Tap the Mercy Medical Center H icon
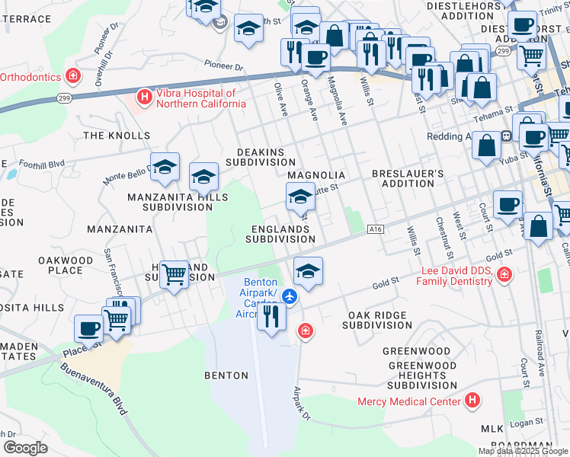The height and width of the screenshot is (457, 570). click(473, 400)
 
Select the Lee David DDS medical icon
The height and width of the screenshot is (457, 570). click(504, 274)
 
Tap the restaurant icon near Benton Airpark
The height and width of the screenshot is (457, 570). click(271, 315)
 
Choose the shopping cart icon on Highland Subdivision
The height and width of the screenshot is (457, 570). click(175, 274)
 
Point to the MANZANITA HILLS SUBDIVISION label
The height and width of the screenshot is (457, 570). click(177, 202)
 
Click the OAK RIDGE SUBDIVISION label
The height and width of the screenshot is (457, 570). click(379, 320)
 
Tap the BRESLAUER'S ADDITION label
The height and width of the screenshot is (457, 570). click(408, 179)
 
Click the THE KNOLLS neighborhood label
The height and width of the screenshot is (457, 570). click(117, 136)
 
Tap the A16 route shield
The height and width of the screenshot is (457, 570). click(374, 229)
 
